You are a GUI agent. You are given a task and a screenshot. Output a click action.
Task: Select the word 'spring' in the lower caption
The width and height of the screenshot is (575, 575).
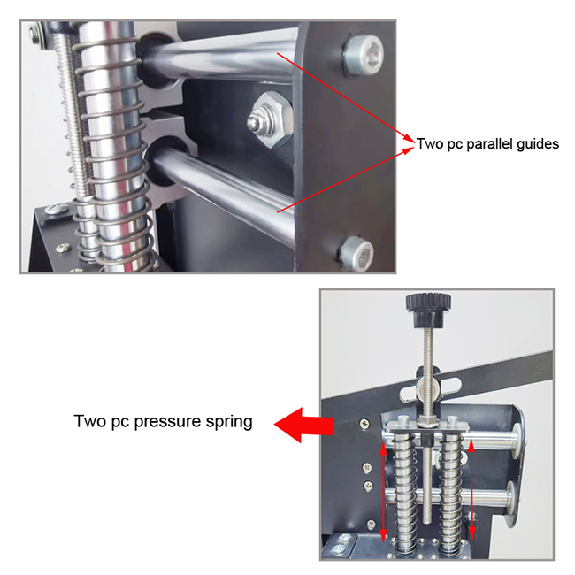point(229,422)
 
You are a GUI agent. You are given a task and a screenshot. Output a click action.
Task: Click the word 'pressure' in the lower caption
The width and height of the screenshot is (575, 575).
point(168,422)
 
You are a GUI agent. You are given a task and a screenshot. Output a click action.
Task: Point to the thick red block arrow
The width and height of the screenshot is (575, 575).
point(303,425)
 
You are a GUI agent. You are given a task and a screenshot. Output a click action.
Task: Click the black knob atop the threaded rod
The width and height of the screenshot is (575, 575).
point(428,310)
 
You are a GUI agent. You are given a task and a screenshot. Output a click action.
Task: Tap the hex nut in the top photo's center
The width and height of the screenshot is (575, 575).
point(270,119)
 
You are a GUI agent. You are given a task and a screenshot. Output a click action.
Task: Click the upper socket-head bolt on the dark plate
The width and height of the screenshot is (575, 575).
point(363,55)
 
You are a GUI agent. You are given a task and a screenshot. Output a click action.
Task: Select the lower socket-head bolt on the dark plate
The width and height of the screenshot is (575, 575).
point(356,253)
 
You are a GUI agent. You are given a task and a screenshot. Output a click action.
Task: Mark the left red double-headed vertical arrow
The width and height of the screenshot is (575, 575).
point(383,492)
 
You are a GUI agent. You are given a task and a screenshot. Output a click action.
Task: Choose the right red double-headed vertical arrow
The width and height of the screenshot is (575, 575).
point(472,489)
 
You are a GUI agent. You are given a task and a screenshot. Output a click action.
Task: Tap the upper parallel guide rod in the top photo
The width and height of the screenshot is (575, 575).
point(220,58)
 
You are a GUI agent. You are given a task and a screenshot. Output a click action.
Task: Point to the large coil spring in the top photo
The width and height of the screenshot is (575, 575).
point(114,147)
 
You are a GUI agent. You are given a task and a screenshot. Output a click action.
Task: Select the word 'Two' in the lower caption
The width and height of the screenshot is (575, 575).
point(90,421)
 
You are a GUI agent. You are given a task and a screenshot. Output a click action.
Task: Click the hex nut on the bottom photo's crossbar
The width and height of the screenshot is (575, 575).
point(427,420)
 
